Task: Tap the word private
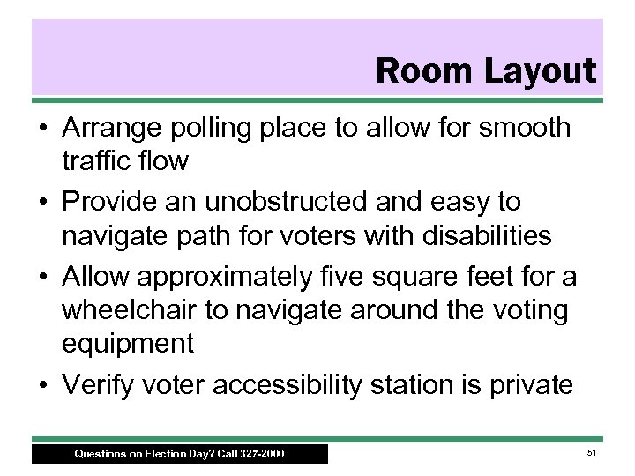(x=533, y=386)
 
